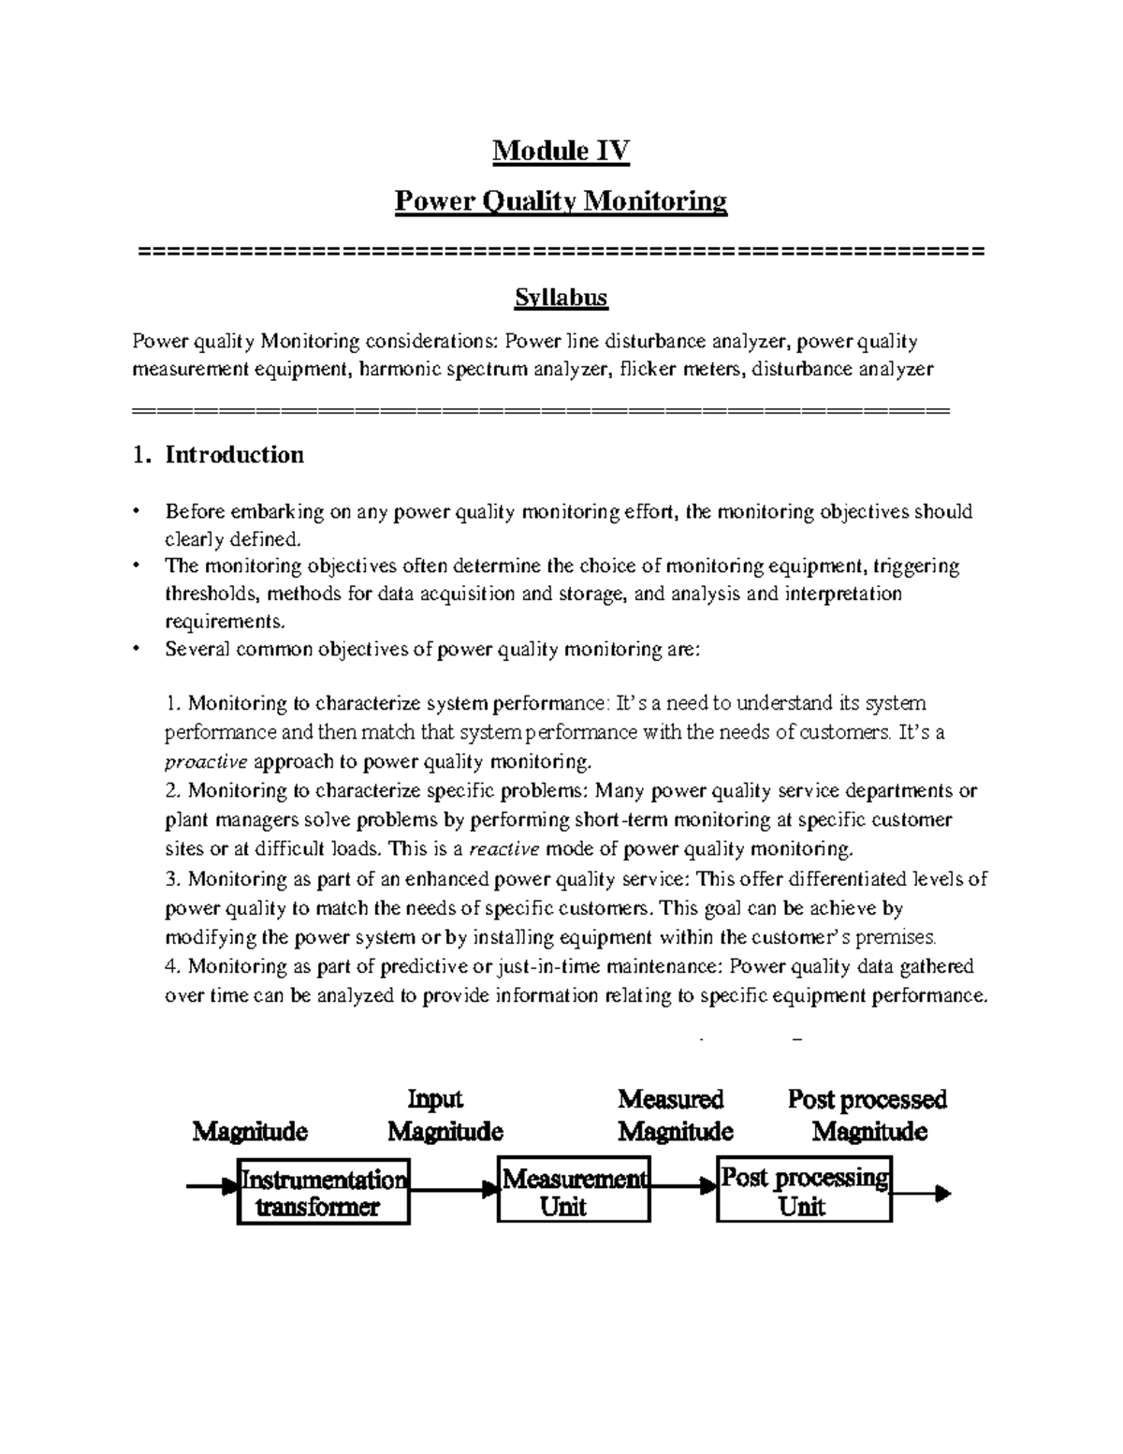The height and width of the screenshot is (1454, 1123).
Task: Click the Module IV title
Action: (x=561, y=151)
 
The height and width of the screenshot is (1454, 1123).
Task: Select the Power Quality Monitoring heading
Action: (x=561, y=201)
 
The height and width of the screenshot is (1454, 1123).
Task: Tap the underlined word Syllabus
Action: (x=561, y=298)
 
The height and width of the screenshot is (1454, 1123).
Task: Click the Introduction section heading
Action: (x=234, y=455)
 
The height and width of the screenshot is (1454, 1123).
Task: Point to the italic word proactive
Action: (x=206, y=760)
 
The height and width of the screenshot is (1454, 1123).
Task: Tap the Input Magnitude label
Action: (x=445, y=1115)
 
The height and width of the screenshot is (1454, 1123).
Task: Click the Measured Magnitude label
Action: (x=675, y=1115)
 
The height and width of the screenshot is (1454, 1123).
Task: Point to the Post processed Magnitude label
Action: (x=868, y=1115)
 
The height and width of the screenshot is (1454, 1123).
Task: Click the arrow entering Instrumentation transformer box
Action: (x=211, y=1187)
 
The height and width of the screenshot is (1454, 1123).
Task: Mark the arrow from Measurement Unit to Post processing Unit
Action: (x=684, y=1187)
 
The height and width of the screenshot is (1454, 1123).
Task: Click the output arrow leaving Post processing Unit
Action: (x=922, y=1194)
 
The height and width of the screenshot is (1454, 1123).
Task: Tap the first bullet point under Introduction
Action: (x=137, y=512)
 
